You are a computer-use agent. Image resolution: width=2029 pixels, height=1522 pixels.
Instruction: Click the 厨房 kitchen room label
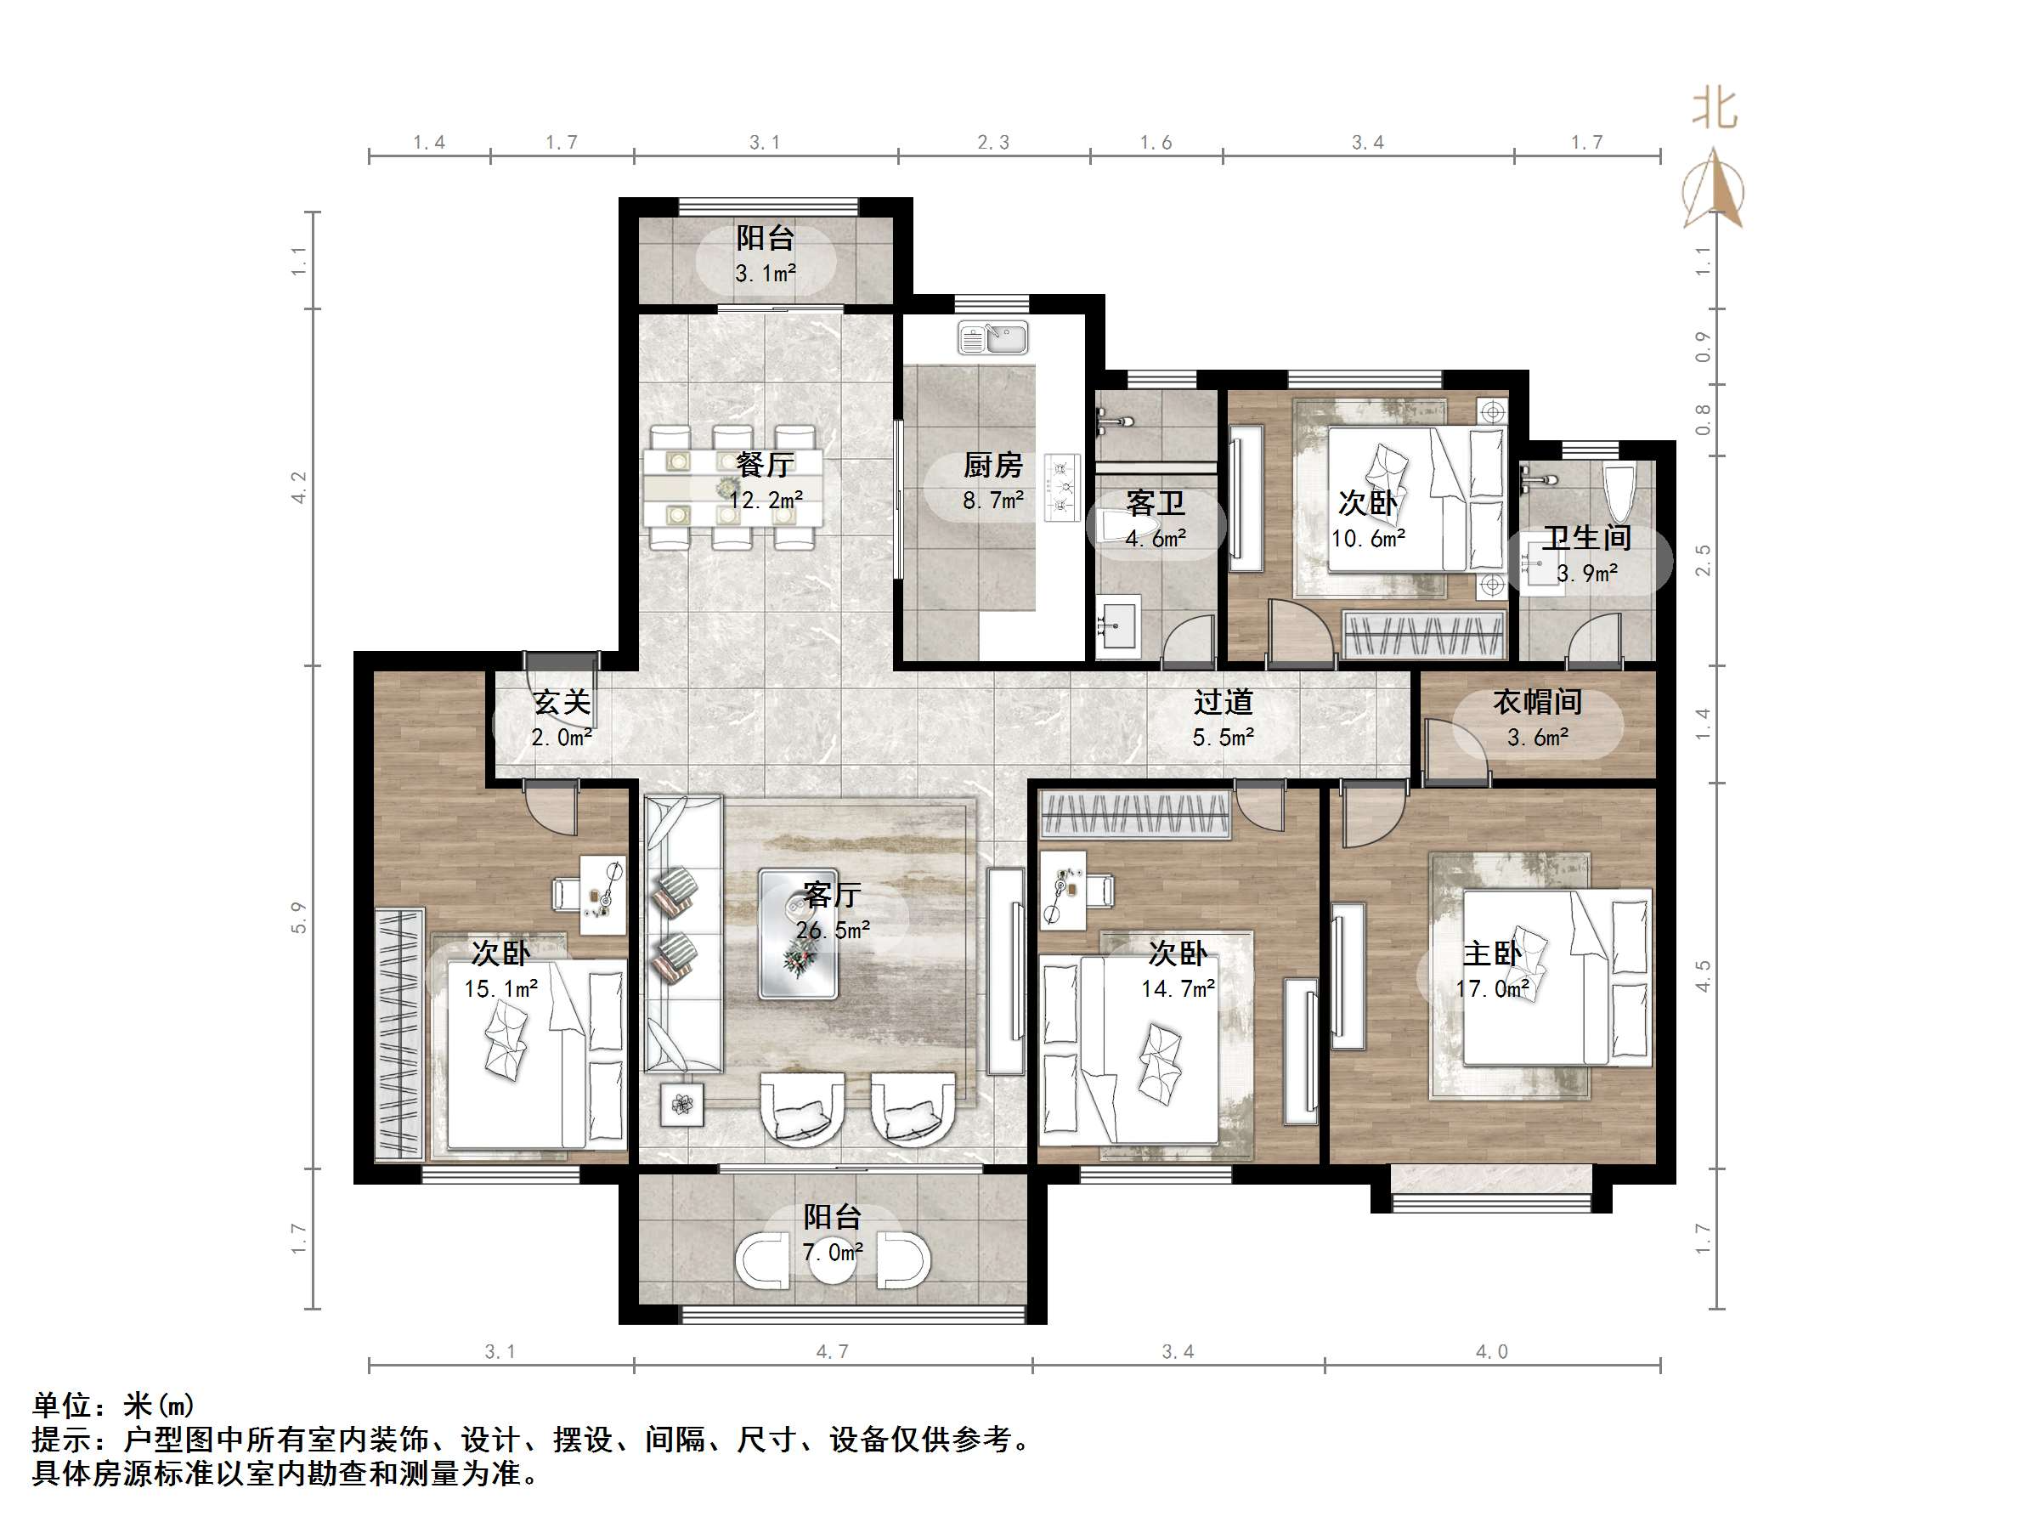coord(992,466)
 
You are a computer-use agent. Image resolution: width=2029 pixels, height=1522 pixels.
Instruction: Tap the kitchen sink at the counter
coord(993,337)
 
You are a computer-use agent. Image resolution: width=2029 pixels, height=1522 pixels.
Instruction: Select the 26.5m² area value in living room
coord(832,931)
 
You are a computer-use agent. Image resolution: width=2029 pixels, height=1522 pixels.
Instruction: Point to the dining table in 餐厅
coord(732,487)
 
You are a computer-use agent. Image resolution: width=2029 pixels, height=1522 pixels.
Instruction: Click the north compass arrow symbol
coord(1714,188)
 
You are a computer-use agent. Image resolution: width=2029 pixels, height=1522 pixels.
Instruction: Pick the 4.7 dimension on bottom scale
coord(832,1351)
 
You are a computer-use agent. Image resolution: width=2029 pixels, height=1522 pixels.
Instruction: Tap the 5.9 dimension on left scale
coord(299,918)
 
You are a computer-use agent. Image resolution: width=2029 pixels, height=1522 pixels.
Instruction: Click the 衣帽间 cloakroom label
coord(1537,703)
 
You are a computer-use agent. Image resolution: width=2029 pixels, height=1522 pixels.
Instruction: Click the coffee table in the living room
coord(798,934)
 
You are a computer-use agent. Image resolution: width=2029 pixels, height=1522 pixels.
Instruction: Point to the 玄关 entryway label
coord(562,703)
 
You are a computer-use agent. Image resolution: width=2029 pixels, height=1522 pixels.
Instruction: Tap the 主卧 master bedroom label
coord(1492,954)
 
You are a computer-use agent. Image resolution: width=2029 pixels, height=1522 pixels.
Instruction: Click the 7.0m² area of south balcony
coord(832,1253)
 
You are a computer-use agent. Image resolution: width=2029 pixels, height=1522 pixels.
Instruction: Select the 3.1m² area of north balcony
coord(765,274)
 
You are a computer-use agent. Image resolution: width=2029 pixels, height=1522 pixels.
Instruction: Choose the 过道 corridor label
coord(1223,703)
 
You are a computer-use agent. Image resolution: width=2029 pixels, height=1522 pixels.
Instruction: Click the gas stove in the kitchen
coord(1063,488)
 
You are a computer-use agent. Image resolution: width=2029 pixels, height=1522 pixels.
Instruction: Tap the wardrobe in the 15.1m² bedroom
coord(400,1034)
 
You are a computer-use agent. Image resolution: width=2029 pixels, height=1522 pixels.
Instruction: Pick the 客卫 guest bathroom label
coord(1155,504)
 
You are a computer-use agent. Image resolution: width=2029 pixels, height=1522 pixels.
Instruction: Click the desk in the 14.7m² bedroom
coord(1063,890)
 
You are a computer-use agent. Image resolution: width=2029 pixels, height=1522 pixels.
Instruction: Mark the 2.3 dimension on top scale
coord(992,142)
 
